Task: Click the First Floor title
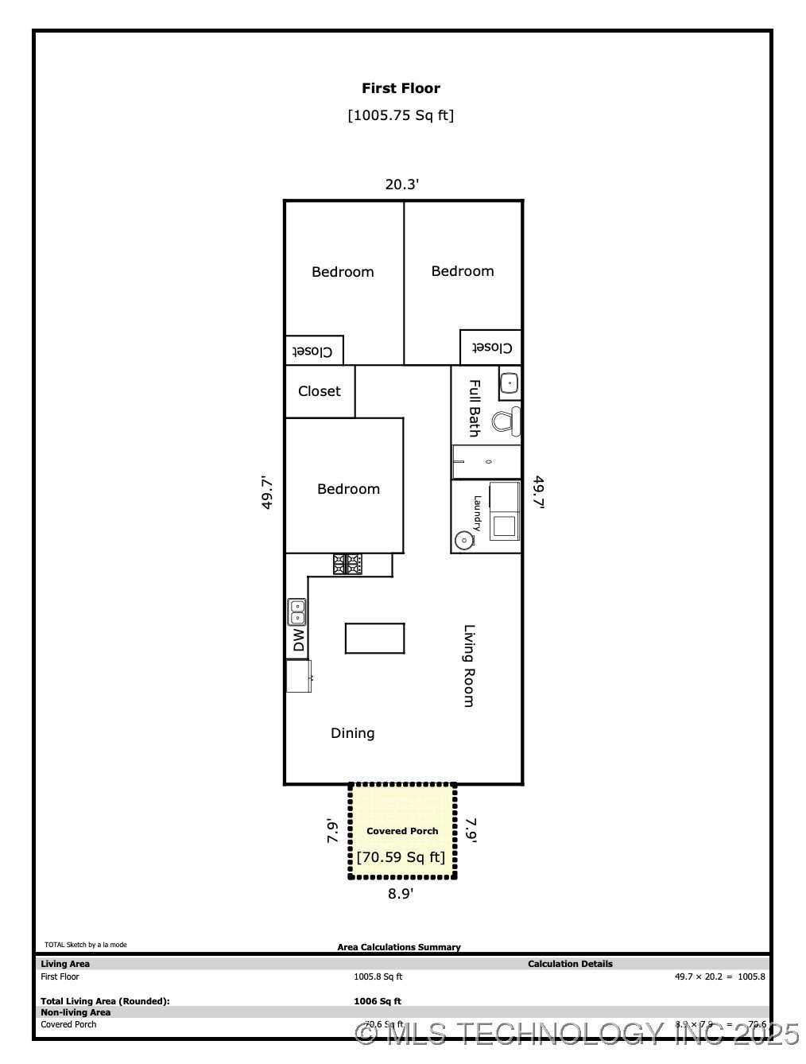401,88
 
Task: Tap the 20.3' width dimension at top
401,184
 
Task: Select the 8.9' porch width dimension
401,894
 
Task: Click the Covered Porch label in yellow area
402,831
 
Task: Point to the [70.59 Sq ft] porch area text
401,857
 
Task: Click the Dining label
352,733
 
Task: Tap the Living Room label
469,666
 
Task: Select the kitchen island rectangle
374,638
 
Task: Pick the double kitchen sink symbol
296,612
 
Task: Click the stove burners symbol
347,564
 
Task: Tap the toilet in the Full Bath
505,421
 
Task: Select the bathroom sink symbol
509,383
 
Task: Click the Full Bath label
474,408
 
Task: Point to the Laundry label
477,514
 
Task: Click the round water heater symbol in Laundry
463,541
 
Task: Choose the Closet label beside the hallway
319,391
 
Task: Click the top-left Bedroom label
343,272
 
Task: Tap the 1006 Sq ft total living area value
378,1001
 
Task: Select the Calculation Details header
570,964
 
